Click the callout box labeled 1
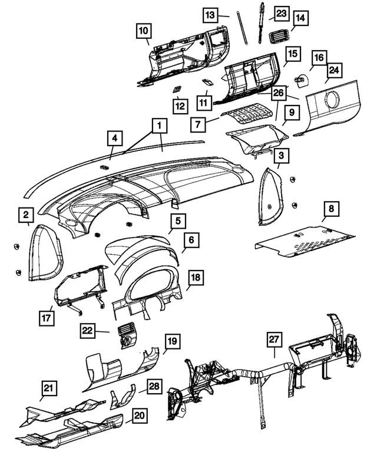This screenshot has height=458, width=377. [x=158, y=126]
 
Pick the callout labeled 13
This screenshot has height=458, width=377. [x=211, y=14]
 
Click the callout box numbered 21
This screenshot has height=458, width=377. [x=48, y=388]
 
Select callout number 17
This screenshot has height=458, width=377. [x=47, y=317]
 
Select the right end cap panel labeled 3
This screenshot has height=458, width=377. [x=271, y=196]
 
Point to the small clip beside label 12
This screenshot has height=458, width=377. [x=176, y=89]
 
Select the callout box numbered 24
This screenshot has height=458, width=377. [x=335, y=71]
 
